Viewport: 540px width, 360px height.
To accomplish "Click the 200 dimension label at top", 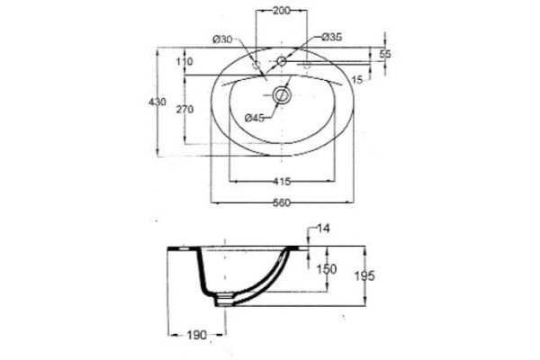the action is (x=282, y=11).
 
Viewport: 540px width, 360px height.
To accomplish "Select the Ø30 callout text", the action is (x=222, y=40).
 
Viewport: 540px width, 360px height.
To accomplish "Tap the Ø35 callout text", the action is (x=332, y=37).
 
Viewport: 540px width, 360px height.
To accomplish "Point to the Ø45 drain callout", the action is (x=255, y=118).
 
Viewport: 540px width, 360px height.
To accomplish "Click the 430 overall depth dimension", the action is (x=157, y=102).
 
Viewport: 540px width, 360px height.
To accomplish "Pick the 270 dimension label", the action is (x=185, y=110).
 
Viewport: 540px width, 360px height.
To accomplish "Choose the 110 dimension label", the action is (x=184, y=62).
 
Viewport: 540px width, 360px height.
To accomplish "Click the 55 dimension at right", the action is (x=385, y=54).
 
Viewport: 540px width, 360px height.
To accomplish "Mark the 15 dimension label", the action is (x=357, y=80).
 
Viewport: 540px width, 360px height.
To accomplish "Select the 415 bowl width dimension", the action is (x=282, y=181).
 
